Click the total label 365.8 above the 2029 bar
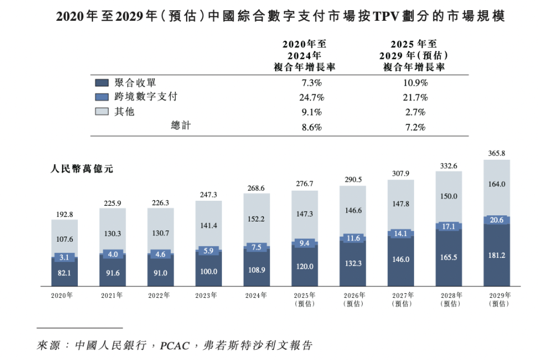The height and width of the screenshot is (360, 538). click(x=497, y=153)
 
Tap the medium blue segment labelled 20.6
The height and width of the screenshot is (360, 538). click(x=497, y=220)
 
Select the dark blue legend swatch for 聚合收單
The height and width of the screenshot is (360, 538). click(x=101, y=82)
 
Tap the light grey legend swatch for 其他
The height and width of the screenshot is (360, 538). click(x=101, y=112)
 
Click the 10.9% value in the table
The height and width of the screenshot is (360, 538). click(x=415, y=82)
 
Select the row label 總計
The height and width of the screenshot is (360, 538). click(x=180, y=126)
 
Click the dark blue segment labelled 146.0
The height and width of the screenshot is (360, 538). click(x=401, y=260)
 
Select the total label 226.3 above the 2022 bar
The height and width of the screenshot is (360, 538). click(x=160, y=203)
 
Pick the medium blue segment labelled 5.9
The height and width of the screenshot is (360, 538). click(x=208, y=251)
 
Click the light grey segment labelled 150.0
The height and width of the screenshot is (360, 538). click(x=449, y=196)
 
